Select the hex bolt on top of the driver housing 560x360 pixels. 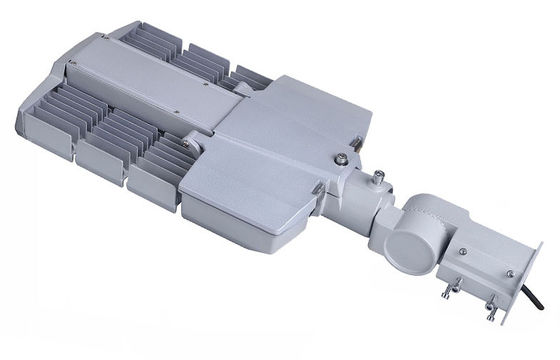[342, 158]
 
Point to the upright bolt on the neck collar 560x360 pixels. [379, 180]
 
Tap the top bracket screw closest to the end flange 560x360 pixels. [509, 272]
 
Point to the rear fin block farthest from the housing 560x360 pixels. [150, 40]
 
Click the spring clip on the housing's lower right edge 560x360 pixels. [318, 187]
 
